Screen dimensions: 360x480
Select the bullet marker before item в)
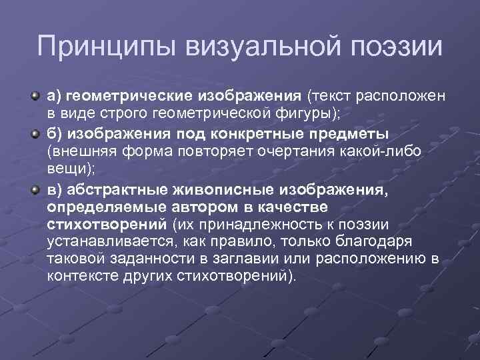click(35, 191)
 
